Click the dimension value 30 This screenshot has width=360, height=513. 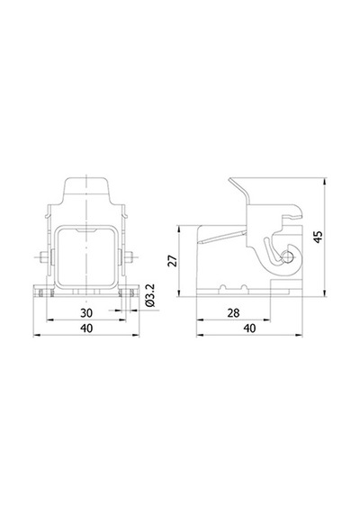click(86, 313)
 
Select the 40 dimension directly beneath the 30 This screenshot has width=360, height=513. click(86, 328)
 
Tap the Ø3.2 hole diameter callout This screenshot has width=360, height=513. click(150, 295)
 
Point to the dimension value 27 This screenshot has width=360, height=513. click(173, 261)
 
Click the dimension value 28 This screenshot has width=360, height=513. click(233, 313)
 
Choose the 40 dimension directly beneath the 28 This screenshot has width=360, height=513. click(249, 328)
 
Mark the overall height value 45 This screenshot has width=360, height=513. click(318, 237)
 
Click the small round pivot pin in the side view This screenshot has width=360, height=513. click(288, 256)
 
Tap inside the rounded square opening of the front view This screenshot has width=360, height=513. click(86, 256)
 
